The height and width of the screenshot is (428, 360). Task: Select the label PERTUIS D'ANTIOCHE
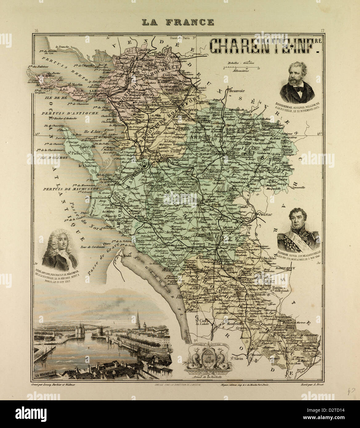[60, 113]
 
